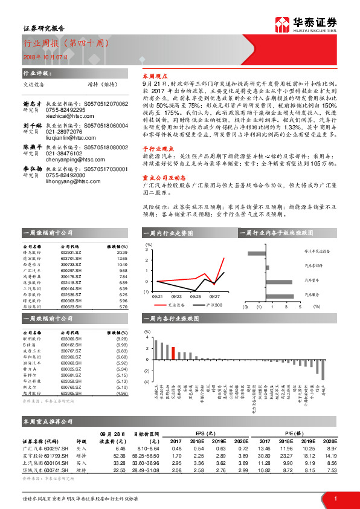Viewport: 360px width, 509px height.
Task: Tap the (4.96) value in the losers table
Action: [x=121, y=394]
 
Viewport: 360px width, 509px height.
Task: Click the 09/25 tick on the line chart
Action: [x=196, y=297]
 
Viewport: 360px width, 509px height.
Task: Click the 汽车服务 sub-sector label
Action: [x=312, y=294]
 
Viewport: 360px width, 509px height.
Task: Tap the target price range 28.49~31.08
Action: [x=146, y=469]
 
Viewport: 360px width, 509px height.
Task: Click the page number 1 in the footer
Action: [x=335, y=498]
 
